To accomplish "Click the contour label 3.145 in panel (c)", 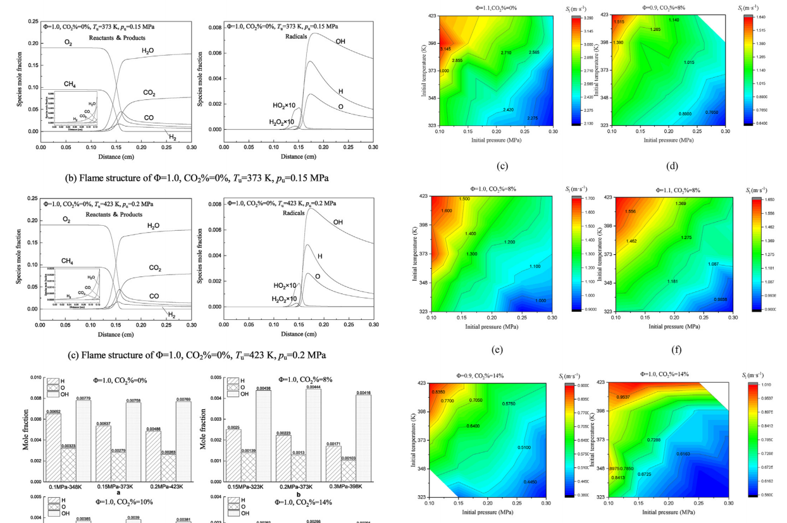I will [445, 49].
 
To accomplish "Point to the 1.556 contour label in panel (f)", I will [630, 212].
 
